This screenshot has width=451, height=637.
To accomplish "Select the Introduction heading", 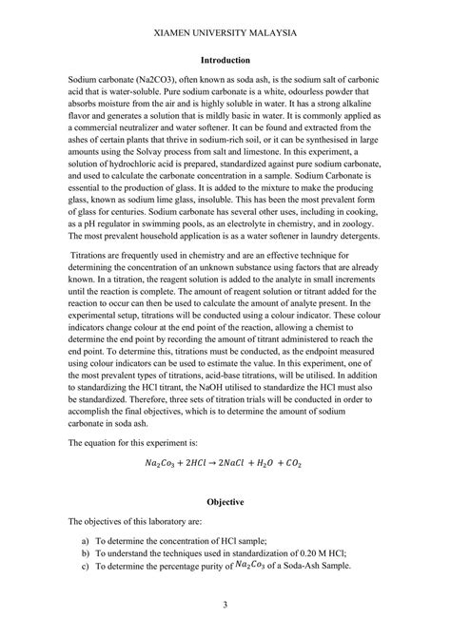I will tap(225, 59).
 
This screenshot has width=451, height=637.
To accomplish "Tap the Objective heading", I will tap(225, 500).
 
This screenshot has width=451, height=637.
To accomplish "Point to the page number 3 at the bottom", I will tap(225, 606).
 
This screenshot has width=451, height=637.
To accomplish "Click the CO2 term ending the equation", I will tap(296, 465).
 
